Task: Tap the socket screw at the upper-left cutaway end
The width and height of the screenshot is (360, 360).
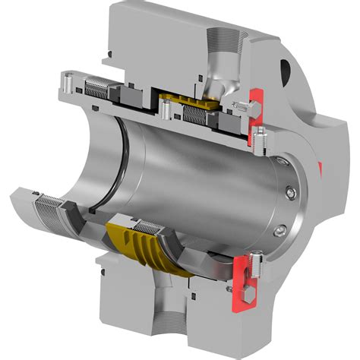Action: click(x=67, y=80)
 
